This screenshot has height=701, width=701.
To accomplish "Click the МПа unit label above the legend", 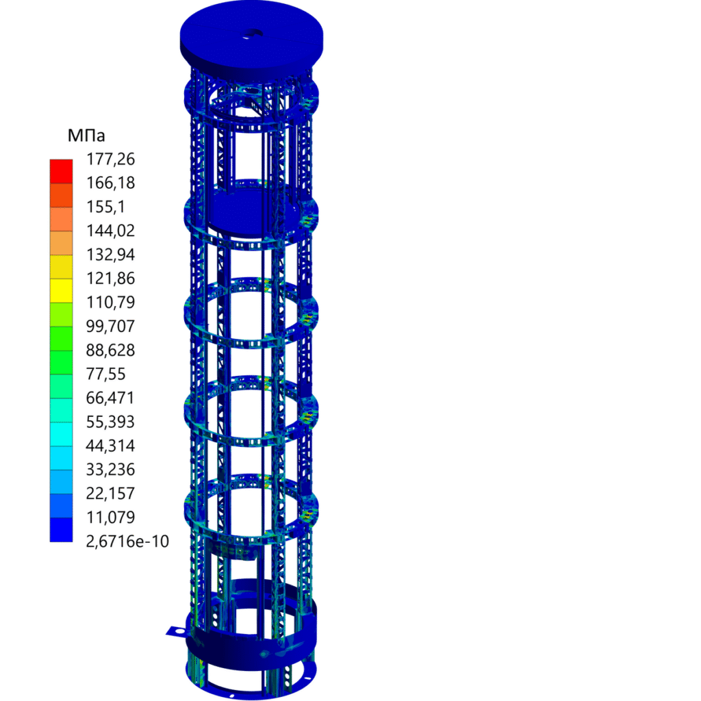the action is pyautogui.click(x=86, y=136).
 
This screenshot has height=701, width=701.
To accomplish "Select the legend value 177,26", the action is pyautogui.click(x=110, y=159).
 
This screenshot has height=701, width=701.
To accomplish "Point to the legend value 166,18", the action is pyautogui.click(x=110, y=183).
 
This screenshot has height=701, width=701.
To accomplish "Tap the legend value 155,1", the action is pyautogui.click(x=105, y=207).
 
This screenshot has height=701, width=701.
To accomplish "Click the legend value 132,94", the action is pyautogui.click(x=110, y=255).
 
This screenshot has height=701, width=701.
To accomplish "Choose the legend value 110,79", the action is pyautogui.click(x=110, y=302).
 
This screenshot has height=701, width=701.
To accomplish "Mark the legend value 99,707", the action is pyautogui.click(x=110, y=327).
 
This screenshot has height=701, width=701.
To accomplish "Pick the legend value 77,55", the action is pyautogui.click(x=105, y=374).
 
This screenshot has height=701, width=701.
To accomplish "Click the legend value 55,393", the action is pyautogui.click(x=110, y=422).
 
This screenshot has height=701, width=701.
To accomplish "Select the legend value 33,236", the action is pyautogui.click(x=110, y=470).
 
